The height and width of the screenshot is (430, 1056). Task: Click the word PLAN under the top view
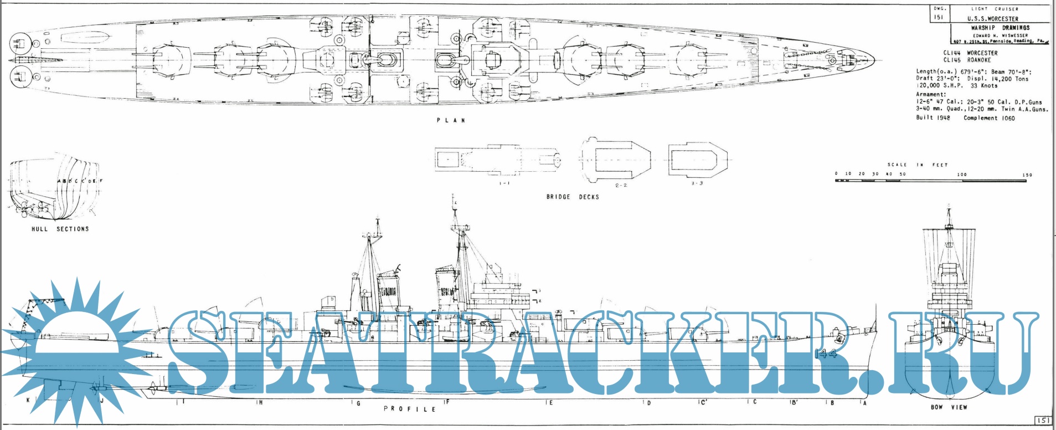451,120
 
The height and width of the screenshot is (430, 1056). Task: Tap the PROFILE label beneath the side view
410,409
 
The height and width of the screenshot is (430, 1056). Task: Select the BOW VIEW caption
949,407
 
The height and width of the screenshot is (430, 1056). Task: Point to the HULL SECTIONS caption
60,229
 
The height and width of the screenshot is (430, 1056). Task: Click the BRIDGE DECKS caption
573,197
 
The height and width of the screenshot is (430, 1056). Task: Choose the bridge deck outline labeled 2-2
615,161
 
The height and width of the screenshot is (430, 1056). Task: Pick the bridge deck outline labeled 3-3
697,161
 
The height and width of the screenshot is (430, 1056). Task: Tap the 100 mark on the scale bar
962,175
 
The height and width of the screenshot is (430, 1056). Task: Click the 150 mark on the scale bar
1027,175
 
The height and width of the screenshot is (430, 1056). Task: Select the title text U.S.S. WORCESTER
992,18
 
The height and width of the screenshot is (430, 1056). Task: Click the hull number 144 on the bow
826,354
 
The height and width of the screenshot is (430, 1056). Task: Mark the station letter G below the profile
358,403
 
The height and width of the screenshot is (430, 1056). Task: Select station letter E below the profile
550,403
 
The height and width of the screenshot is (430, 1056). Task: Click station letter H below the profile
260,403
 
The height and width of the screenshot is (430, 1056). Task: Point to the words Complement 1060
989,118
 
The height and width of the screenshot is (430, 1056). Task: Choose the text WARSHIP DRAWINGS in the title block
1000,28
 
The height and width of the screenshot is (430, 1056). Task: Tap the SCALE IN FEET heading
917,165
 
